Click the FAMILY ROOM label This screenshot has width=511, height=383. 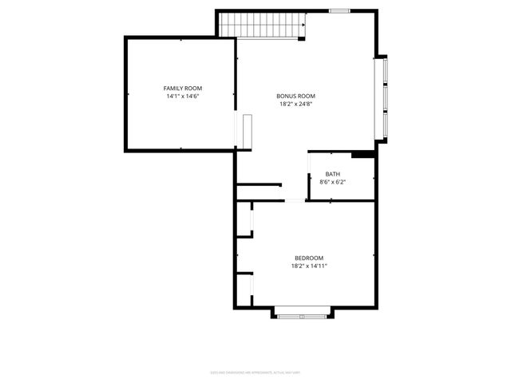tap(182, 88)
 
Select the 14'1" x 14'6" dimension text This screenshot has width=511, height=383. tap(182, 97)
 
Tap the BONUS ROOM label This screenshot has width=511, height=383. tap(291, 96)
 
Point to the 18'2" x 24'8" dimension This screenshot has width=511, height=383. tap(291, 105)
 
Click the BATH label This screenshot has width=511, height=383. tap(332, 174)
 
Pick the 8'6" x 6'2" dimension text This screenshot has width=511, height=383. tap(332, 183)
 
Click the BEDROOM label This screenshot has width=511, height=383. tap(309, 258)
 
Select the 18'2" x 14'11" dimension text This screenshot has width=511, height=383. tap(309, 267)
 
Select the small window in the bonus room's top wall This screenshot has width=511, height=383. tap(339, 11)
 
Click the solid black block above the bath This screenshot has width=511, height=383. tap(362, 154)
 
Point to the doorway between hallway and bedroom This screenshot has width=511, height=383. tap(295, 201)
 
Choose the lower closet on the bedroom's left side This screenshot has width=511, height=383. tap(244, 290)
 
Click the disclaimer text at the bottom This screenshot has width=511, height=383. tap(255, 371)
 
